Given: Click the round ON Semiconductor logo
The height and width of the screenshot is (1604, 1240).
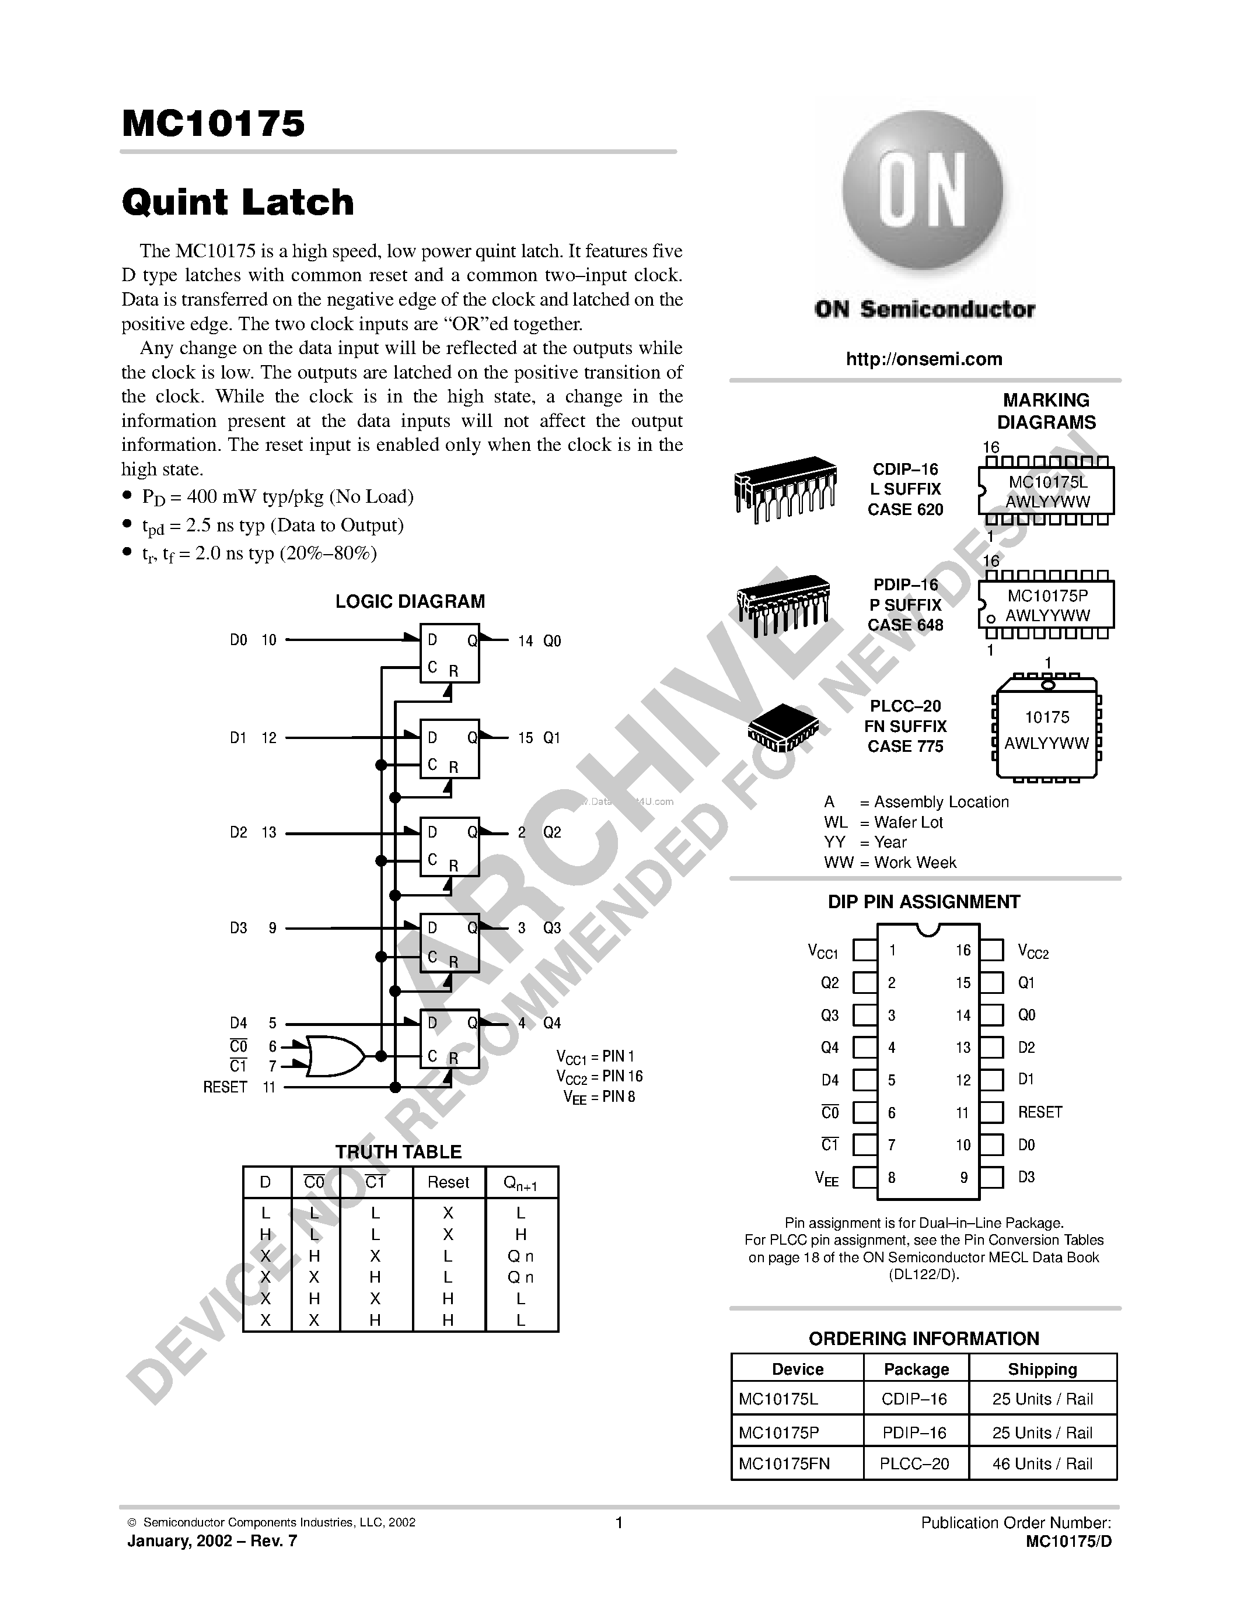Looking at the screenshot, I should click(923, 193).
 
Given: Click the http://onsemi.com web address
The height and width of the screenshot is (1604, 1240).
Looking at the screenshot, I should click(923, 359).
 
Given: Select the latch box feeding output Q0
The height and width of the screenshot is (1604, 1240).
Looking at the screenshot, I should click(449, 653).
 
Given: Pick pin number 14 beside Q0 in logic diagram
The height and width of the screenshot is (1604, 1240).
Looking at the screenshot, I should click(525, 641).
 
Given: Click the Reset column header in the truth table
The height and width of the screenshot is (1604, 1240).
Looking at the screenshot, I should click(448, 1182).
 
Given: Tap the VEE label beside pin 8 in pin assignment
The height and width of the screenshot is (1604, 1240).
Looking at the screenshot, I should click(826, 1179).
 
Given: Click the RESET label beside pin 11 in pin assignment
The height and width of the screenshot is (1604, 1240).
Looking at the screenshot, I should click(1039, 1112).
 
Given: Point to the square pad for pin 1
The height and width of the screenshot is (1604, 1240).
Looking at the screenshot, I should click(865, 950).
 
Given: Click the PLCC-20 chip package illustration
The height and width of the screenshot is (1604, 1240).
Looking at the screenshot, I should click(783, 727).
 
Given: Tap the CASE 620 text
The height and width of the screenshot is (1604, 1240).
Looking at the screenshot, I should click(905, 510).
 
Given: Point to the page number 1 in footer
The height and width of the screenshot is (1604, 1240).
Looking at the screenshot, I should click(619, 1522).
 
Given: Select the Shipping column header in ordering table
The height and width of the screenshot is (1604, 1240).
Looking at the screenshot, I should click(1042, 1369).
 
